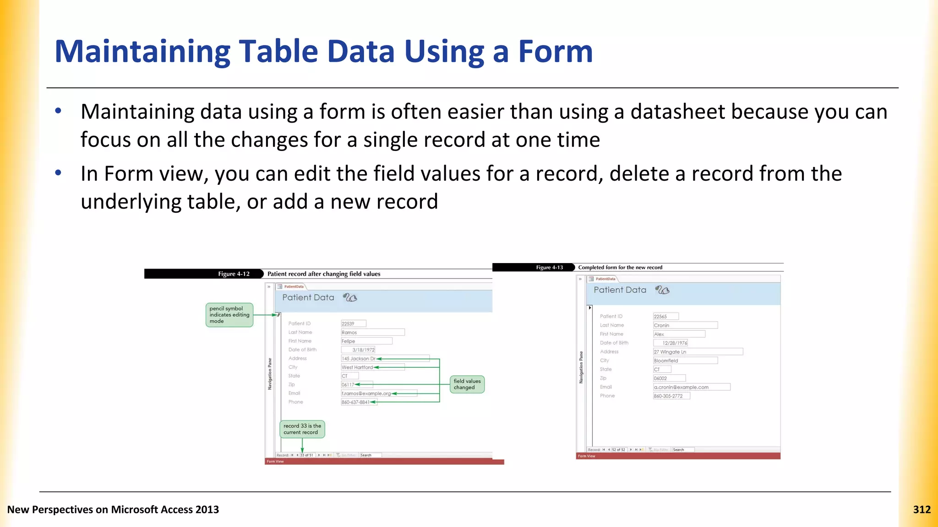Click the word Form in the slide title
point(555,51)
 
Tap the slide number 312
point(922,510)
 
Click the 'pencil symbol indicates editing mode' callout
point(229,315)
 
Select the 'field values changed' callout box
point(467,384)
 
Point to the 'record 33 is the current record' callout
point(302,429)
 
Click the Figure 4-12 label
point(234,274)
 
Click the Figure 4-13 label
point(549,268)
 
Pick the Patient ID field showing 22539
point(353,323)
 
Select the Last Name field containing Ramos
point(372,333)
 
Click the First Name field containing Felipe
point(366,341)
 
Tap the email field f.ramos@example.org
point(378,393)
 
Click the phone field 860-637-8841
point(359,402)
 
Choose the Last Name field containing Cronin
point(685,325)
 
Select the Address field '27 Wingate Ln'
point(698,352)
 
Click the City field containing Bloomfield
point(685,360)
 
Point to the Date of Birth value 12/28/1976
point(674,343)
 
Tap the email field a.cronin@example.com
point(691,387)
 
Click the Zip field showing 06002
point(669,378)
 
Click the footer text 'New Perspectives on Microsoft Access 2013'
point(113,510)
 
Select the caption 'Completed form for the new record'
point(620,268)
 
